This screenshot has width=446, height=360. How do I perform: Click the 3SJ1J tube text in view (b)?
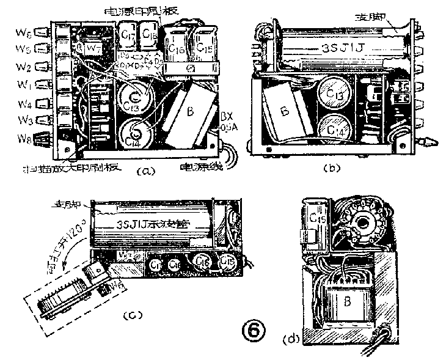[334, 48]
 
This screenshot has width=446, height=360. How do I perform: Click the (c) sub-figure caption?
[133, 315]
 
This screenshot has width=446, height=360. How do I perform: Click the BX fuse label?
[227, 116]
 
